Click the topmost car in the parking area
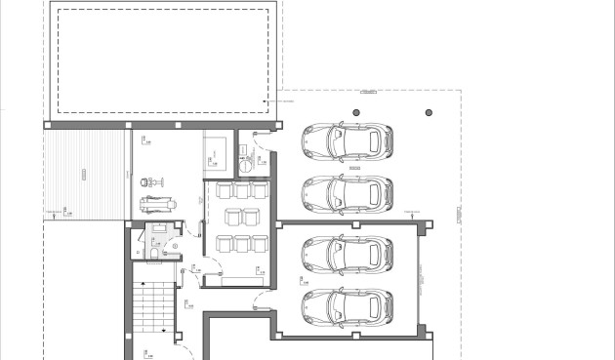[x=348, y=141]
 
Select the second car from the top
[x=348, y=193]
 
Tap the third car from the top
[x=348, y=255]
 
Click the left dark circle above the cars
[x=356, y=114]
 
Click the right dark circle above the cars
[x=429, y=114]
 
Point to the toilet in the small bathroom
[x=155, y=256]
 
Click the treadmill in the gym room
[x=156, y=204]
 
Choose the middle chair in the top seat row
[x=239, y=190]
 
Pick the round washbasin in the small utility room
[x=245, y=166]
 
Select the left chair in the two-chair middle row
[x=231, y=216]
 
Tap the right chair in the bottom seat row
[x=258, y=243]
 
